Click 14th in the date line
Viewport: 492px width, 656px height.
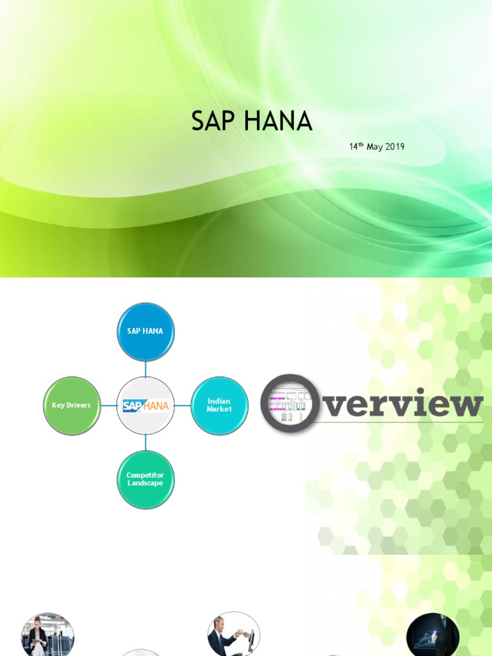356,147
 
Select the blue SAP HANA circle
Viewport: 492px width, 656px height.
145,331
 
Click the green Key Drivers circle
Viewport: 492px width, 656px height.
72,406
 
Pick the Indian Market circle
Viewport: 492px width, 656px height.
219,405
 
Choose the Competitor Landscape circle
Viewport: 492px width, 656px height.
145,479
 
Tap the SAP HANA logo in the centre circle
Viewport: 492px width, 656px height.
145,406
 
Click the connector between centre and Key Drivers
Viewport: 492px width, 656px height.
109,406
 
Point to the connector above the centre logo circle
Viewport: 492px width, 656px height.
145,368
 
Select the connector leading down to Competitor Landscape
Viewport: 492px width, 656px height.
145,442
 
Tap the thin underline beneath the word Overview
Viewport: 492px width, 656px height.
397,423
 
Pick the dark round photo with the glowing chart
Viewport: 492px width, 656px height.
432,635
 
